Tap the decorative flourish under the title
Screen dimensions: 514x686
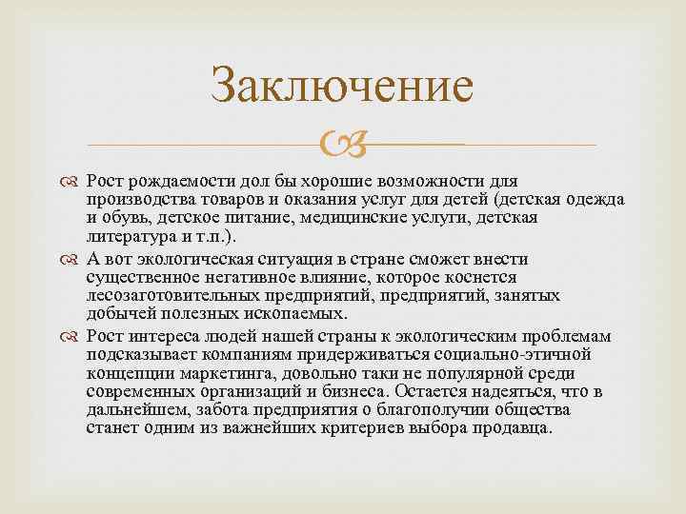click(342, 146)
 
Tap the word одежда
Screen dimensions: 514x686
click(593, 200)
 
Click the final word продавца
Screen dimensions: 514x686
click(514, 427)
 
